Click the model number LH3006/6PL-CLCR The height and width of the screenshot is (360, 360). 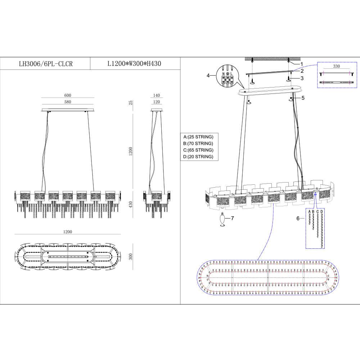[45, 64]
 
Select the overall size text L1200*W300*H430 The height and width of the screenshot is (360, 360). [134, 64]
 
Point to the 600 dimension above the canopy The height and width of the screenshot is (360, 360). [68, 95]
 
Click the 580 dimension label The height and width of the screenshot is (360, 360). [68, 102]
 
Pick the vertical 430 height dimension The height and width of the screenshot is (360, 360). [131, 204]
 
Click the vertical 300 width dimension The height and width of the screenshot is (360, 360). [131, 256]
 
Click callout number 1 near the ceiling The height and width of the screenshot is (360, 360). [302, 64]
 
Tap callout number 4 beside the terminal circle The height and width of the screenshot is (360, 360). [208, 75]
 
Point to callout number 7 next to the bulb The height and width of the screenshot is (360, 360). [233, 218]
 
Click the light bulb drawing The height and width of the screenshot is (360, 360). [223, 220]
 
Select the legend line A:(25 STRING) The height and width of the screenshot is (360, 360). [198, 137]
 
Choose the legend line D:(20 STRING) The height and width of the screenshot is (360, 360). [198, 157]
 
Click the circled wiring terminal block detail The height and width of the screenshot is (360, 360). [228, 76]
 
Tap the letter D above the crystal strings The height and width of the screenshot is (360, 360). [322, 212]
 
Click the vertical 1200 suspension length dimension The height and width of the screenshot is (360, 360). [131, 151]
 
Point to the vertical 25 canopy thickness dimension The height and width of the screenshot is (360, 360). [131, 103]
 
